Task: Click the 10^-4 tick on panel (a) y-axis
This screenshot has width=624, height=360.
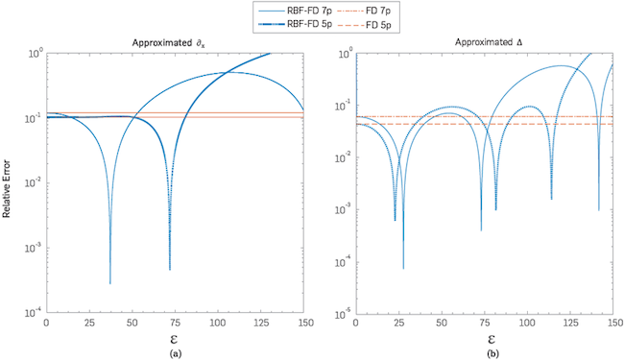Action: (36, 312)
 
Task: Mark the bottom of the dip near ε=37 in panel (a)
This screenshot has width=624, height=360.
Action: (110, 282)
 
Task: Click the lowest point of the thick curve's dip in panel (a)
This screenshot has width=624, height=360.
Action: (170, 269)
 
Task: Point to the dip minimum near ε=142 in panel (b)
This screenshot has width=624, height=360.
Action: (598, 208)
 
